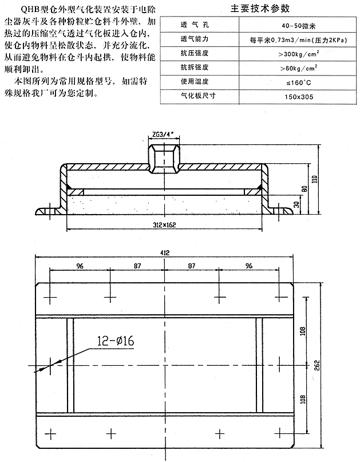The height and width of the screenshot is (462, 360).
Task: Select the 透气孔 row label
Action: point(192,26)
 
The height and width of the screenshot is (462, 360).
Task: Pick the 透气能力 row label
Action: point(192,40)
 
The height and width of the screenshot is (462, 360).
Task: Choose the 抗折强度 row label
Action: point(192,68)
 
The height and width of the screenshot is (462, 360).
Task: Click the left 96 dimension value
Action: point(80,267)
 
